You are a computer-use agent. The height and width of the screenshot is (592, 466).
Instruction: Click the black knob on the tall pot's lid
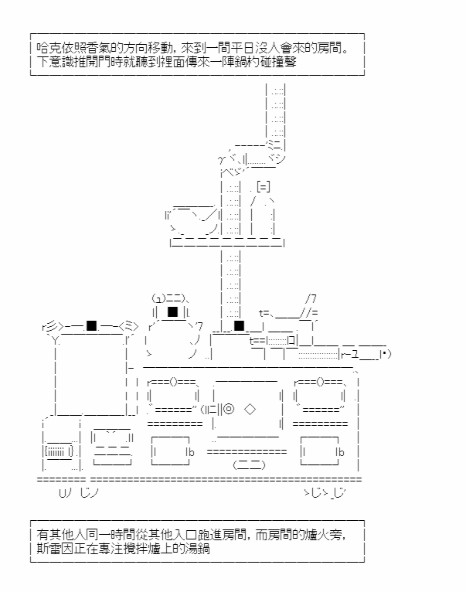coord(92,325)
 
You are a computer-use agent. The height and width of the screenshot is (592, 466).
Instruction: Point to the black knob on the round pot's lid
coord(173,311)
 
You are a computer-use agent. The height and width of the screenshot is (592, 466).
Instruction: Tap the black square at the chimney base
coord(239,325)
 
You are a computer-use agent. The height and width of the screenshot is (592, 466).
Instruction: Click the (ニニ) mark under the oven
coord(249,464)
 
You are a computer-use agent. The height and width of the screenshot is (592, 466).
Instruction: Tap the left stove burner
coord(173,395)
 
